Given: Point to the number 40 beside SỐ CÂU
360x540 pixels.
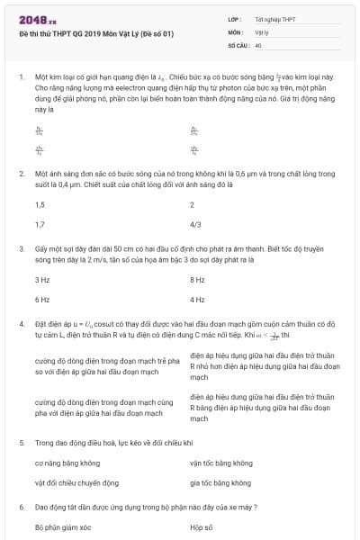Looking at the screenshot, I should [x=258, y=44].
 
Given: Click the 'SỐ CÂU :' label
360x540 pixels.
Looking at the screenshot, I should [x=239, y=44].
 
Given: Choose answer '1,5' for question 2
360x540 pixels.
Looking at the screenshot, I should [x=40, y=205].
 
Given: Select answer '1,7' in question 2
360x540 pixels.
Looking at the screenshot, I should [x=40, y=224].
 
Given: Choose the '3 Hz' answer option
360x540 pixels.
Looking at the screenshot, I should [x=42, y=280].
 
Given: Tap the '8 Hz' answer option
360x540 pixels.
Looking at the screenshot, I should [x=198, y=280].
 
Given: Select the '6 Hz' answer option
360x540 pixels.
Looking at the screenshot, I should [x=42, y=299].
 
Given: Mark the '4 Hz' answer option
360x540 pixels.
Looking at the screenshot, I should [x=198, y=299].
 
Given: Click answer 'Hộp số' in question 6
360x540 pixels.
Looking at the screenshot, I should [x=202, y=526].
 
